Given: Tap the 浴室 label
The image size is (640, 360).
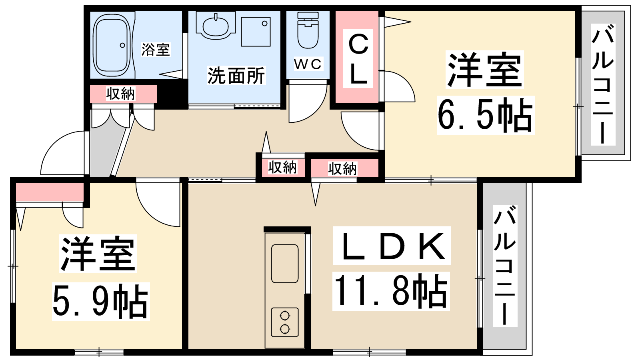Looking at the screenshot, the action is (156, 50).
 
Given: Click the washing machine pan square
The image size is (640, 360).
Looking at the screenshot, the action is (256, 32).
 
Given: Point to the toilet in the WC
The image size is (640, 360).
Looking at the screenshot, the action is (308, 30).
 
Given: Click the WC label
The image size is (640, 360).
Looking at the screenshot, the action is (308, 64).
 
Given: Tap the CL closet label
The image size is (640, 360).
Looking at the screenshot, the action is (358, 58).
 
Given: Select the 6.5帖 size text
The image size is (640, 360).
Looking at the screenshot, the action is (485, 116).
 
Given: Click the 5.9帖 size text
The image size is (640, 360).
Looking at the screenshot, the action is (100, 302).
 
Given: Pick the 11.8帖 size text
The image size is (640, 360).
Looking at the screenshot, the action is (391, 292).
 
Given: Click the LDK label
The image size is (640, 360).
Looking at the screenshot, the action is (392, 246).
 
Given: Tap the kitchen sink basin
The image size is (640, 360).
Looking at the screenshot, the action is (284, 264).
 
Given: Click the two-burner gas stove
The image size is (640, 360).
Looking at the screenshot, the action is (285, 322).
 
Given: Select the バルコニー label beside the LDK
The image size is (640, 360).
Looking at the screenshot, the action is (504, 266).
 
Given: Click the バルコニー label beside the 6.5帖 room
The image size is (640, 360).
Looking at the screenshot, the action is (603, 85).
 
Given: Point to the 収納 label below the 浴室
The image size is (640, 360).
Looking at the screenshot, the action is (120, 94).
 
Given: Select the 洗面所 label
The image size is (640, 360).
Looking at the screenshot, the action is (236, 76).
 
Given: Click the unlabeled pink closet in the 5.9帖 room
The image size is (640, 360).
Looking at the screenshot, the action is (50, 192).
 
